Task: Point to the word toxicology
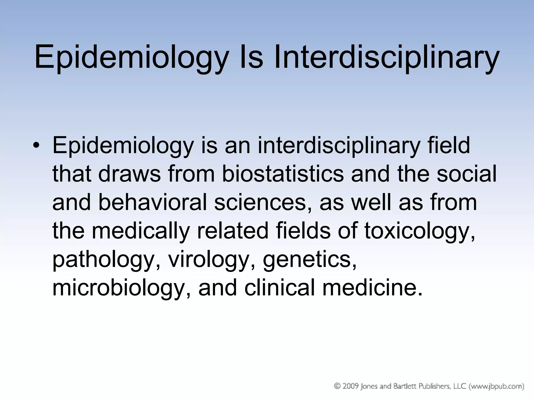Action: (x=420, y=231)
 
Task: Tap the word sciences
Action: (x=263, y=202)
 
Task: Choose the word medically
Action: (x=141, y=231)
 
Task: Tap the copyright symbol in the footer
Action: (x=337, y=386)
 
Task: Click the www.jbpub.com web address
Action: (x=498, y=386)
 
